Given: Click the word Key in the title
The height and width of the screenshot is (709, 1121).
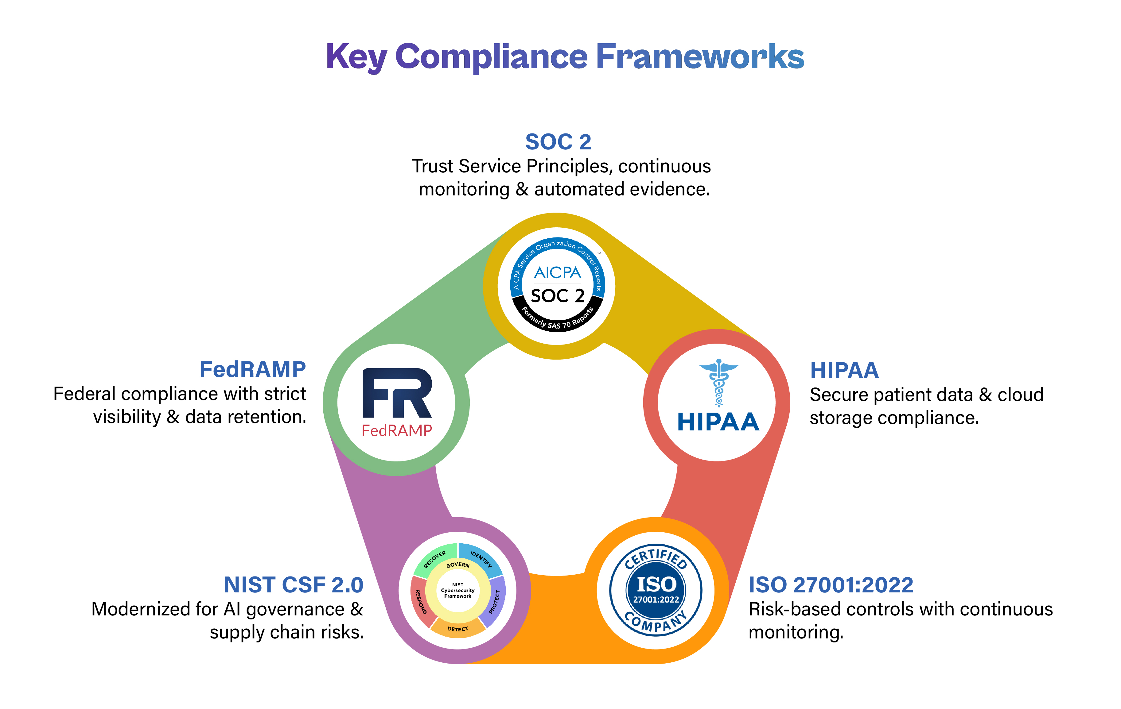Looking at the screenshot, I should coord(356,57).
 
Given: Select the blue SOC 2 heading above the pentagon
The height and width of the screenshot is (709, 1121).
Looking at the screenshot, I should coord(558,142).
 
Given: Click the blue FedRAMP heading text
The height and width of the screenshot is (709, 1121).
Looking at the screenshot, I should coord(252,370).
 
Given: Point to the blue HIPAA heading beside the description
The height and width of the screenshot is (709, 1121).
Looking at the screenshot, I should coord(844,371).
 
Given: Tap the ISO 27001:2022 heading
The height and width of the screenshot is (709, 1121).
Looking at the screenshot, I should coord(831,585).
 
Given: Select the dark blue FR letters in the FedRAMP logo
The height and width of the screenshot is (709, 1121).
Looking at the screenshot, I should coord(397,393).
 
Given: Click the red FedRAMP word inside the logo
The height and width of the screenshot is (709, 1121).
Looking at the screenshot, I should coord(397,430).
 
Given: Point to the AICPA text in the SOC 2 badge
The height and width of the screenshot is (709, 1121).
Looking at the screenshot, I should coord(557,273).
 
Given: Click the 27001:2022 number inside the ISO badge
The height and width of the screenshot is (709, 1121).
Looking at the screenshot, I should coord(656,600).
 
